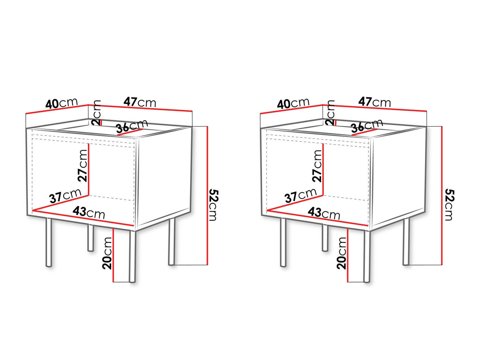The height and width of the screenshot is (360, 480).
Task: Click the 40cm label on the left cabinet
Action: pyautogui.click(x=61, y=103)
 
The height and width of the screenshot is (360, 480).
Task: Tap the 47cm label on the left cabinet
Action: pyautogui.click(x=140, y=102)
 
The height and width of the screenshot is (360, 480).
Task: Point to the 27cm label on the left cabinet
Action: pyautogui.click(x=83, y=166)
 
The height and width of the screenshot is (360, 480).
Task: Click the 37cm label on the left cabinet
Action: pyautogui.click(x=65, y=196)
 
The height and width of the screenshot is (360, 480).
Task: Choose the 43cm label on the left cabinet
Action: pyautogui.click(x=89, y=212)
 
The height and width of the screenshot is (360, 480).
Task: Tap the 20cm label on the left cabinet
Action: pyautogui.click(x=107, y=253)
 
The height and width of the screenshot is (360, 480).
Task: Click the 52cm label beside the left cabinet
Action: pyautogui.click(x=214, y=205)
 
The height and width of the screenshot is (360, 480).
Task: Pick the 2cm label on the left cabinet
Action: pyautogui.click(x=96, y=113)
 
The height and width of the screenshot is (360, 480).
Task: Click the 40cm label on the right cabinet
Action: pyautogui.click(x=293, y=103)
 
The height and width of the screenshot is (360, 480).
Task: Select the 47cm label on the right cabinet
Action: pyautogui.click(x=374, y=102)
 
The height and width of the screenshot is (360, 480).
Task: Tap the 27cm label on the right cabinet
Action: pyautogui.click(x=317, y=166)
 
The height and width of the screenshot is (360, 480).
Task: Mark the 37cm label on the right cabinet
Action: pyautogui.click(x=300, y=196)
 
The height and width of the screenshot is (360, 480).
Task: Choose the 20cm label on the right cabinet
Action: pyautogui.click(x=342, y=253)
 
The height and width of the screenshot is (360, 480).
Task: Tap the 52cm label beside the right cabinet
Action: pyautogui.click(x=450, y=205)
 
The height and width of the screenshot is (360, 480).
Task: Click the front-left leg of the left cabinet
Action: pyautogui.click(x=49, y=243)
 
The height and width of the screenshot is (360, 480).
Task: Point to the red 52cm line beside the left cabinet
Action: pyautogui.click(x=207, y=195)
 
